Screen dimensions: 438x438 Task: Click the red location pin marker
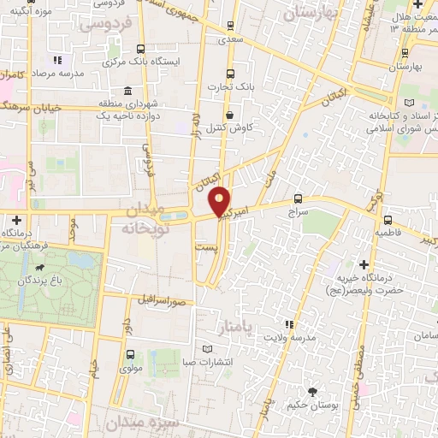[221, 201]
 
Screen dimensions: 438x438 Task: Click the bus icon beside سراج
[298, 195]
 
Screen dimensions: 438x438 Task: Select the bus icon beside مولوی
[129, 354]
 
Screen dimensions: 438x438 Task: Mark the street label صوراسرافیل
[162, 300]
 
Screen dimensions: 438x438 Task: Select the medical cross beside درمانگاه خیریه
[364, 264]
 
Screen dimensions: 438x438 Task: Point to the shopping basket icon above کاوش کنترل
[229, 115]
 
